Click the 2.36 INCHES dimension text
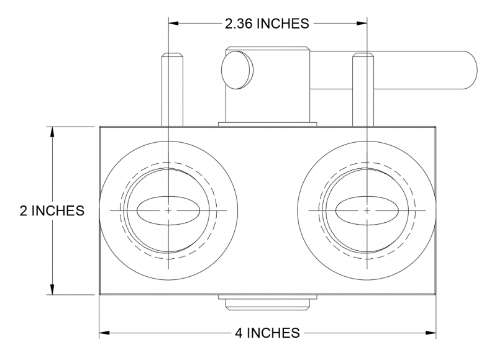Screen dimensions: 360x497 [267, 24]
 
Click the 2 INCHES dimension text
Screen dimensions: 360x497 [52, 210]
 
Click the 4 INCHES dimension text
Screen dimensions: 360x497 [267, 333]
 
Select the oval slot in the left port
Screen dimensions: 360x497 [168, 210]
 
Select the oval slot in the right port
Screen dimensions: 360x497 [367, 210]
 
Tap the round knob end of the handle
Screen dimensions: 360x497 [237, 68]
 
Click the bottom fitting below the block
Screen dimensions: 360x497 [268, 302]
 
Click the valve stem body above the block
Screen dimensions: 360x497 [268, 93]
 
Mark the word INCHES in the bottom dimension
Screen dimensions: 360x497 [274, 333]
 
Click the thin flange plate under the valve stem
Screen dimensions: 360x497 [268, 124]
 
